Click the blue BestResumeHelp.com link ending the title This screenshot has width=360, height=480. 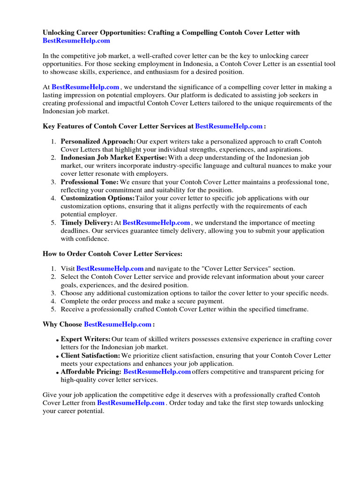click(x=76, y=41)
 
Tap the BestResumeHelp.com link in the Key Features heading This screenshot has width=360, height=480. click(x=229, y=126)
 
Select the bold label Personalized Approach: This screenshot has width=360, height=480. click(x=98, y=142)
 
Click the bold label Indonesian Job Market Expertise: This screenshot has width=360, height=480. click(x=113, y=158)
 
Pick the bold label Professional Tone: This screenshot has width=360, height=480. click(x=90, y=182)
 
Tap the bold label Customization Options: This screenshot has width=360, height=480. click(x=97, y=198)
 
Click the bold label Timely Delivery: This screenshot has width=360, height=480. click(x=87, y=223)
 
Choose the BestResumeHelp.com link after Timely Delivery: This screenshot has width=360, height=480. click(x=156, y=223)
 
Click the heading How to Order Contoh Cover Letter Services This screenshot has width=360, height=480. click(x=112, y=254)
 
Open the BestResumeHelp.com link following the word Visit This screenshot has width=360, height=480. click(x=110, y=269)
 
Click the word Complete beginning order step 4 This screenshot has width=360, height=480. click(x=75, y=301)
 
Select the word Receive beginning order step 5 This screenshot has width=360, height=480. click(x=73, y=309)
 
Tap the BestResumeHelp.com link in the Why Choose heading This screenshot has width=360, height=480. click(x=118, y=324)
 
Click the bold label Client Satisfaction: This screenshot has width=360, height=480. click(x=90, y=356)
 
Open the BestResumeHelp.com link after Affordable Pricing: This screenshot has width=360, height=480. click(x=157, y=372)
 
